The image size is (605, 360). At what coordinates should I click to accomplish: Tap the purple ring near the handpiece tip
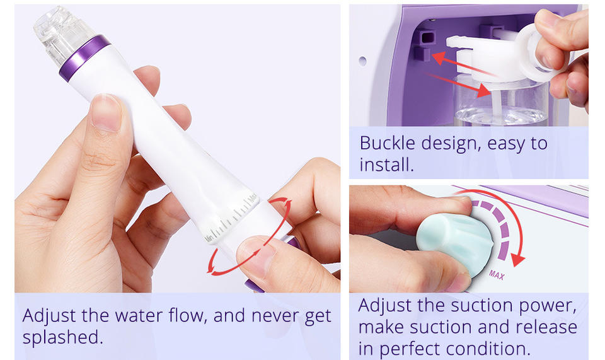coord(84,58)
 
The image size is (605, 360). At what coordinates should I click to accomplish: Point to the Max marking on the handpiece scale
coord(252,198)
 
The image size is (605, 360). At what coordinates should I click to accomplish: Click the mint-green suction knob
coord(455,243)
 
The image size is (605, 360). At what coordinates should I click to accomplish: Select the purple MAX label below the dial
coord(497,275)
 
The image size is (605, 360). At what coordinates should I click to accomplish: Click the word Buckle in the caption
coord(388,143)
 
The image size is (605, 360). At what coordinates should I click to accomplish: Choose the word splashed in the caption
coord(62,338)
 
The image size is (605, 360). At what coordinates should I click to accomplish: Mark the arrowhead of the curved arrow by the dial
coord(517,260)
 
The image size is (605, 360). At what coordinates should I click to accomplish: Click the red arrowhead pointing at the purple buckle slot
coord(437,57)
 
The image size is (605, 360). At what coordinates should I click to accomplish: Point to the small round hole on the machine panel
coord(362,61)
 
